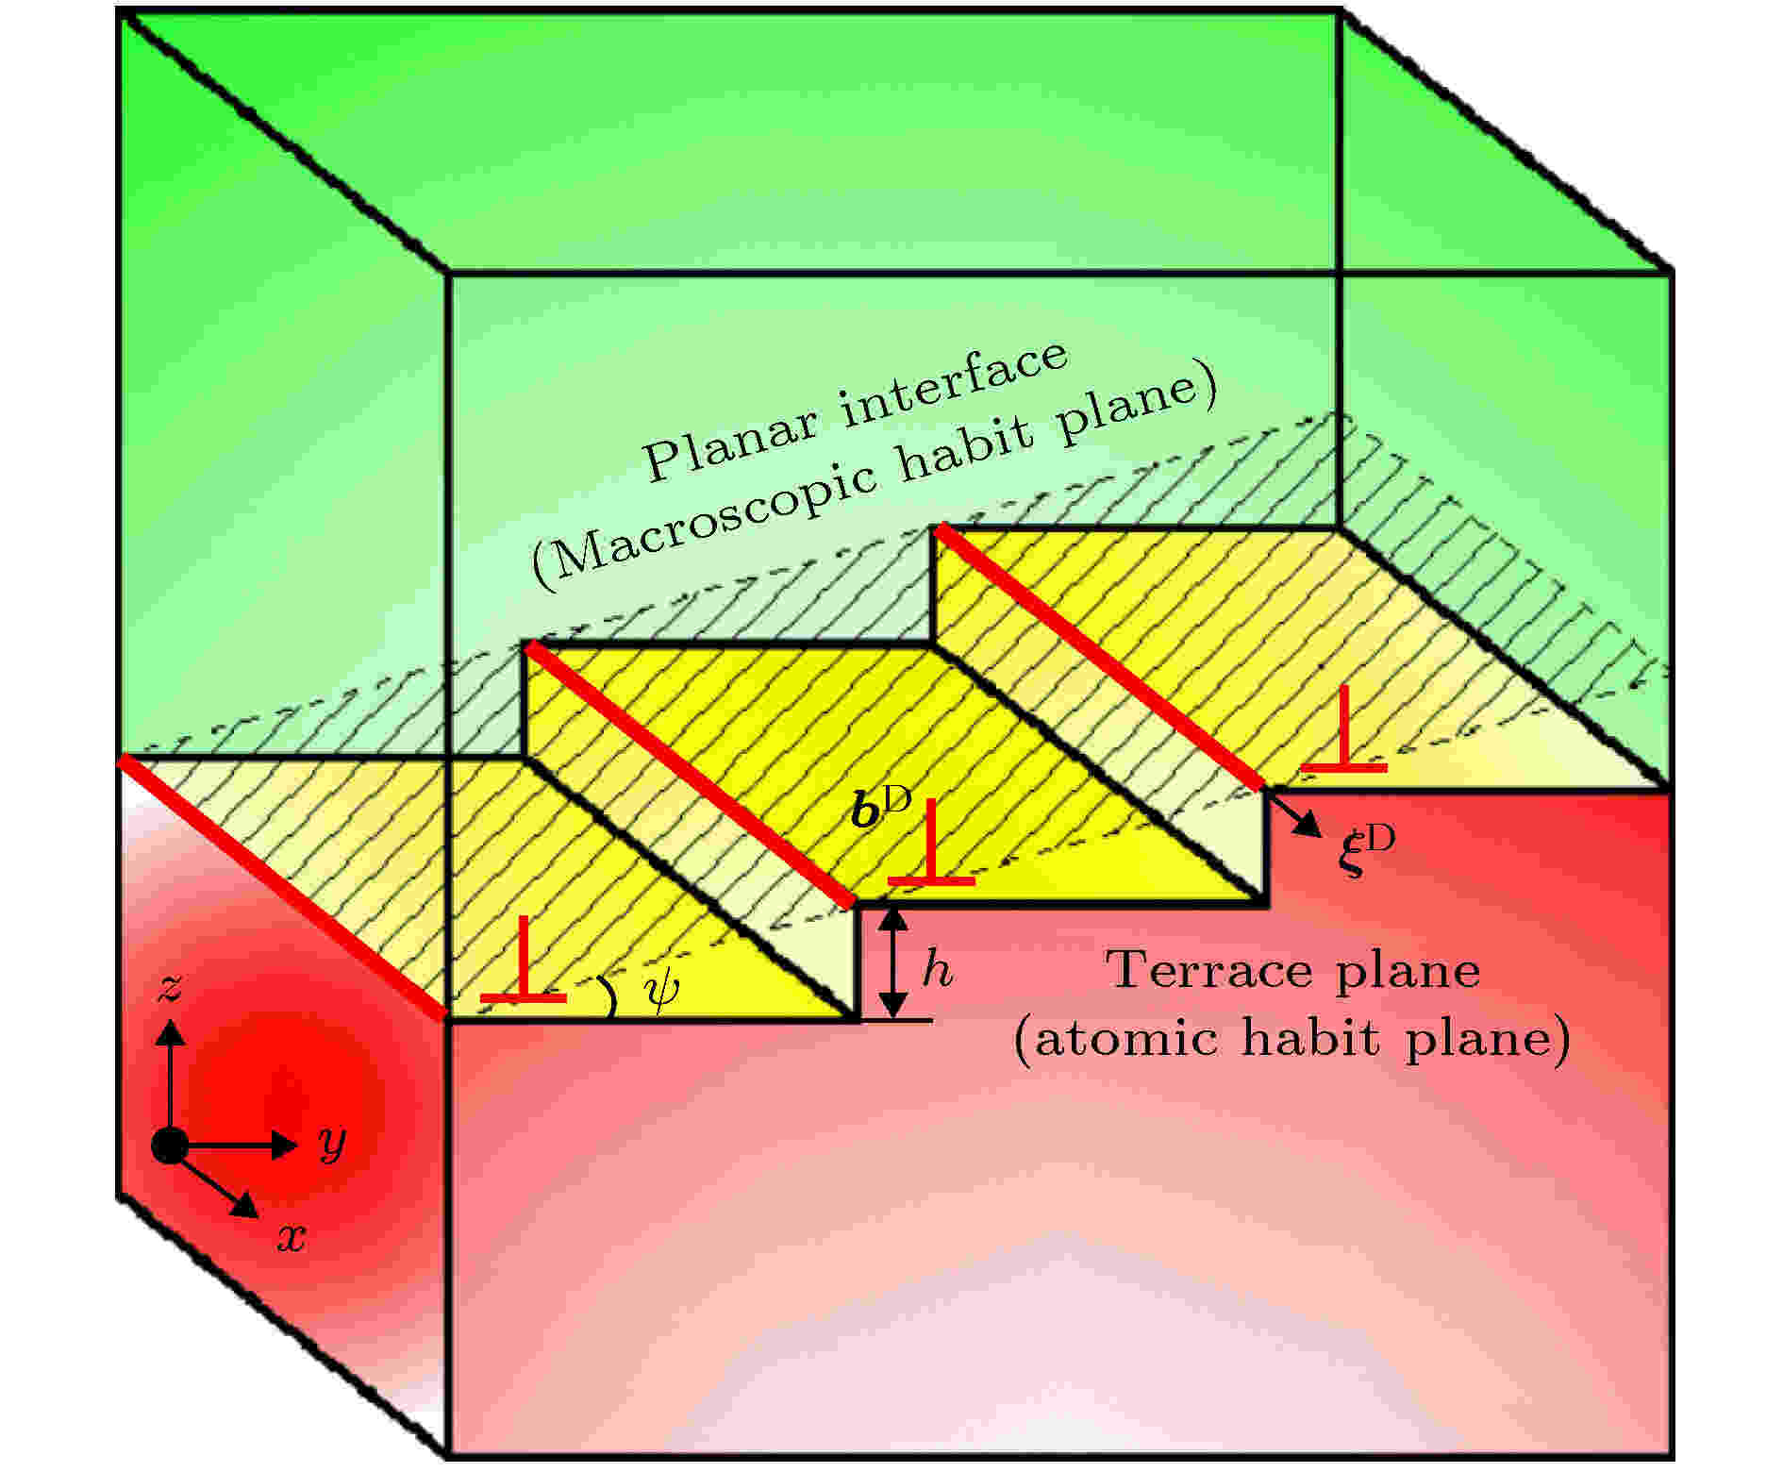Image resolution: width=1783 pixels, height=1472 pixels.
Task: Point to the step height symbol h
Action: tap(937, 969)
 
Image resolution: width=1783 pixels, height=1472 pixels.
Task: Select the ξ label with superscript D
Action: tap(1365, 850)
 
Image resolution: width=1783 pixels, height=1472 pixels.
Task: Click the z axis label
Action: tap(171, 988)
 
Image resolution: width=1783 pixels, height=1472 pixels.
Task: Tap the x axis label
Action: tap(291, 1237)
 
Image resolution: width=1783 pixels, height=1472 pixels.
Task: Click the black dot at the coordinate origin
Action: tap(170, 1145)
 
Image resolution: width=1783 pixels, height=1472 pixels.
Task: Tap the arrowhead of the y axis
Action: tap(284, 1145)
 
